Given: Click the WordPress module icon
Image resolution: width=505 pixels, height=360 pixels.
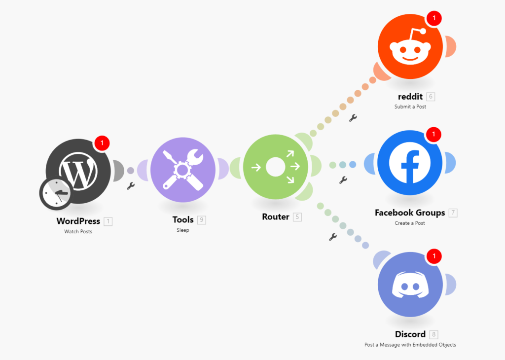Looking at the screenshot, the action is [78, 171].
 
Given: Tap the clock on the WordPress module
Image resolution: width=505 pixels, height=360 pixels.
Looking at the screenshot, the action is [55, 194].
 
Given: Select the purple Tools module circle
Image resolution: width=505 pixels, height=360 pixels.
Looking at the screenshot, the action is [183, 170].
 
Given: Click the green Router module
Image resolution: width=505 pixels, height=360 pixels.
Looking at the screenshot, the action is [276, 167].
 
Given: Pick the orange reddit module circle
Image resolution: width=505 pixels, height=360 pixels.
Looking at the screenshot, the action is [410, 46].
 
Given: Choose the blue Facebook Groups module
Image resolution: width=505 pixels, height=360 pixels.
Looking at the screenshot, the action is [410, 163].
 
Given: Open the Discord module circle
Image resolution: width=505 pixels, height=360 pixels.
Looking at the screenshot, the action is [410, 285].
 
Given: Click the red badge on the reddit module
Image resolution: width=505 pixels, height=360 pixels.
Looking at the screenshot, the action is [434, 18].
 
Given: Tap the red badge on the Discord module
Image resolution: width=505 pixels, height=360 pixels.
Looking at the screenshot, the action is [434, 256].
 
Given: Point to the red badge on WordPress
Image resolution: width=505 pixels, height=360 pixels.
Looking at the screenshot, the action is [102, 143].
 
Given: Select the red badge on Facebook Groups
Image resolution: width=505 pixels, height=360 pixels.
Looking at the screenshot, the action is [434, 134].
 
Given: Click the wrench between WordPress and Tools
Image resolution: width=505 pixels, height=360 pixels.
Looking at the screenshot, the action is [130, 186].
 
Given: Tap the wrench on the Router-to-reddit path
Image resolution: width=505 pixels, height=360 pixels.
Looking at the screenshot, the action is [353, 118].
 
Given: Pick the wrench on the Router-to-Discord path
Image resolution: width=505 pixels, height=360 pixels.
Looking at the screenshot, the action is [333, 237].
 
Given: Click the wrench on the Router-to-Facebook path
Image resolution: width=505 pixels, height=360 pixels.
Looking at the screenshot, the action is [343, 180].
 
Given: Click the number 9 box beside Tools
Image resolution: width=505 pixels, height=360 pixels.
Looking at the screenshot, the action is [202, 220].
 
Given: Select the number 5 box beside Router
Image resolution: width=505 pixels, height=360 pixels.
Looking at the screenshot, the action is [297, 217].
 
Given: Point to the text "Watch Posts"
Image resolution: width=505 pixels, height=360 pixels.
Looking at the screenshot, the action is [78, 231].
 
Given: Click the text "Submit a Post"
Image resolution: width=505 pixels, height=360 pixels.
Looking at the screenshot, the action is [410, 107].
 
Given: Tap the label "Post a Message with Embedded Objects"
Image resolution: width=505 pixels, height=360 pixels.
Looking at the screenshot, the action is [410, 345].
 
